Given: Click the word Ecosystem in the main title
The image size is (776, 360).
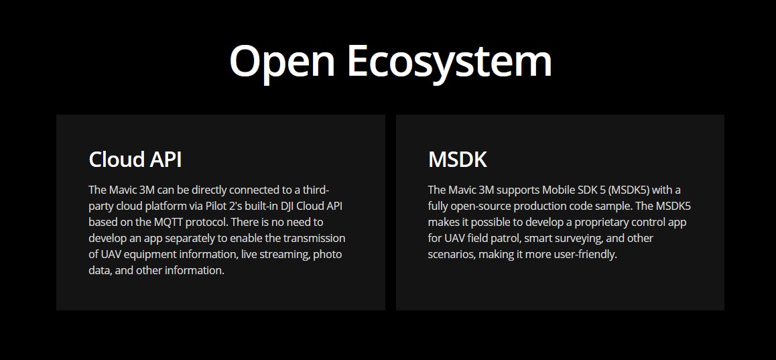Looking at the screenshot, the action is tap(450, 62).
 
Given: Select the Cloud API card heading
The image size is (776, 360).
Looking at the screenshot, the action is tap(135, 160).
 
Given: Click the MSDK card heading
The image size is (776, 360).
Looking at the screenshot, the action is tap(457, 160).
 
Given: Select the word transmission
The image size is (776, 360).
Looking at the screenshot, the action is tap(314, 238).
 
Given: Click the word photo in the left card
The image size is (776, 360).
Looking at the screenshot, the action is tap(327, 255).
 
